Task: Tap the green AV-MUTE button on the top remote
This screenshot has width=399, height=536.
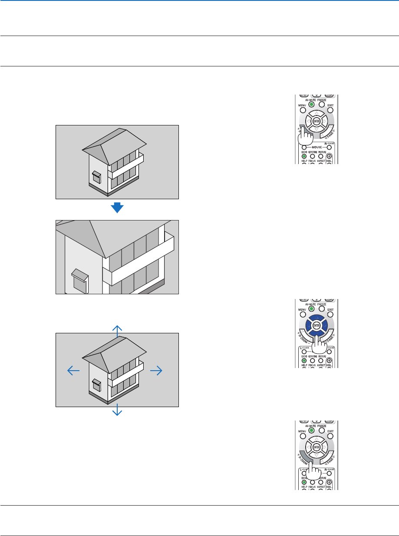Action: point(311,104)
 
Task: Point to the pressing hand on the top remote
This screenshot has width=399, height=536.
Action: point(307,139)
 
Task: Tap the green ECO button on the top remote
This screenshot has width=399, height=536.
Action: point(304,156)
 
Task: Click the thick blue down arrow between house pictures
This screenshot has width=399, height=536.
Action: point(117,208)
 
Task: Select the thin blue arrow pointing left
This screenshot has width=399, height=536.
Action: point(73,370)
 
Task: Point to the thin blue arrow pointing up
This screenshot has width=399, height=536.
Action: point(117,331)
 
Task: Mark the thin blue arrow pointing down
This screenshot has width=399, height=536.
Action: point(117,410)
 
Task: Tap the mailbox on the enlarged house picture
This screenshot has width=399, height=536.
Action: point(80,281)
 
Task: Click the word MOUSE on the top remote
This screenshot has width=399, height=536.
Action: point(316,147)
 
